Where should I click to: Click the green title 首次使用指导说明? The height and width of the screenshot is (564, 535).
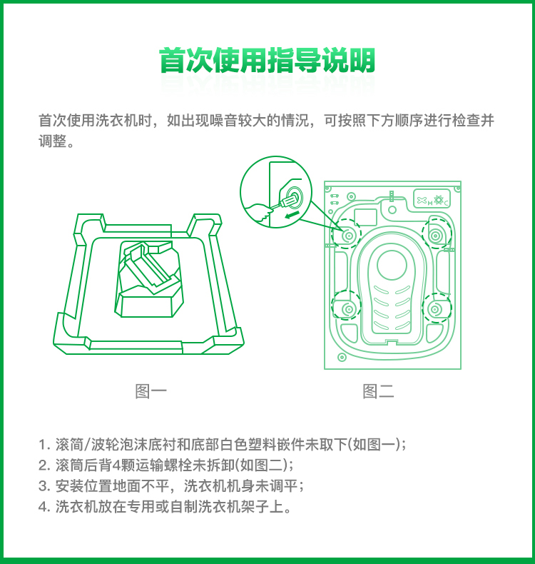click(x=267, y=60)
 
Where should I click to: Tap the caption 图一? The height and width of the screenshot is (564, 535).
click(x=151, y=391)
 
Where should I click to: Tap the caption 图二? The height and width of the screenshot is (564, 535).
click(x=378, y=391)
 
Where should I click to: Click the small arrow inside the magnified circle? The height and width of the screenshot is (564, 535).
click(x=291, y=215)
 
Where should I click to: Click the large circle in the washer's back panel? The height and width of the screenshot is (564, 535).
click(x=392, y=265)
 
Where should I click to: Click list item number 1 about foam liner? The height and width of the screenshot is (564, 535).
click(x=222, y=445)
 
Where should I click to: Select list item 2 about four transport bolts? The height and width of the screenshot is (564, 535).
click(x=165, y=465)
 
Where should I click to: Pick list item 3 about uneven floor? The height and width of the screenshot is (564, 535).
click(x=171, y=486)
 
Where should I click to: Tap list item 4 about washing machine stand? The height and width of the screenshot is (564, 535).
click(x=165, y=507)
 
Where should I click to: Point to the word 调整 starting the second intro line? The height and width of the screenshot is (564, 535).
click(x=53, y=141)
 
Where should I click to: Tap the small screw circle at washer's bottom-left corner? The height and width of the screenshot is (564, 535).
click(x=342, y=357)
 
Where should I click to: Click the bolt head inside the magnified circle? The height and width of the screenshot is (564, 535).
click(x=295, y=196)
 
